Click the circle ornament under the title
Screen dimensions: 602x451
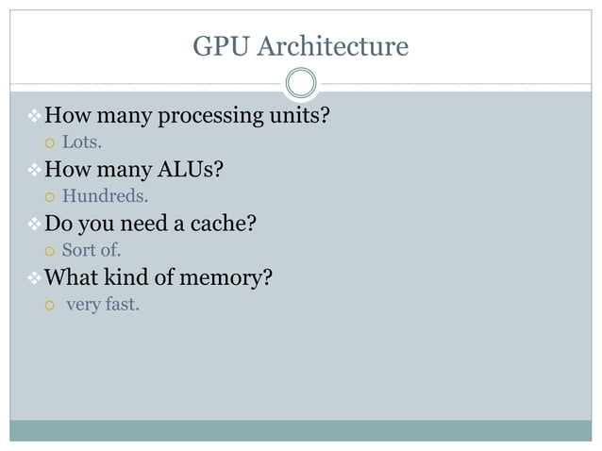tap(301, 84)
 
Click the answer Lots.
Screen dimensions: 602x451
tap(82, 143)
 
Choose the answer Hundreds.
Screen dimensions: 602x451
tap(105, 197)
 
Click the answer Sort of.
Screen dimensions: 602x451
tap(92, 251)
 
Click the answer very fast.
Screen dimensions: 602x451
tap(103, 305)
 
